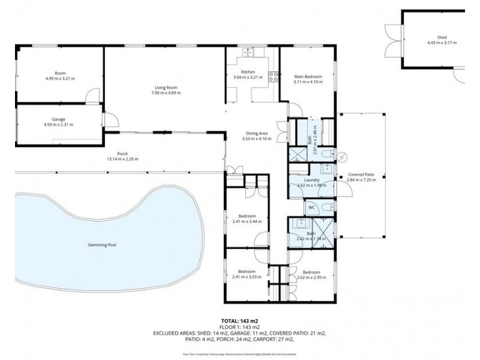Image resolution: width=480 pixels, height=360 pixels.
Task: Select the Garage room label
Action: tap(58, 119)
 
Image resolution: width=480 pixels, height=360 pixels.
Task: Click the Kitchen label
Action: tap(248, 71)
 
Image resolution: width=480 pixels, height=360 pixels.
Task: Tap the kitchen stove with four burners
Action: tap(273, 76)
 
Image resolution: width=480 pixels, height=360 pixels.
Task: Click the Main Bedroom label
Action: tap(308, 76)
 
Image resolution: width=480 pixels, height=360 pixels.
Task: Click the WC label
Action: tap(311, 208)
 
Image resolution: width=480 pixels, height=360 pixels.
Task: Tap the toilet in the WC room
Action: tap(325, 207)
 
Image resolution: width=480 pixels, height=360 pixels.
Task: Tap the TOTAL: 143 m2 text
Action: tap(240, 322)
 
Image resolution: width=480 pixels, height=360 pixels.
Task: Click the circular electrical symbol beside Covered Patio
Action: tap(342, 158)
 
